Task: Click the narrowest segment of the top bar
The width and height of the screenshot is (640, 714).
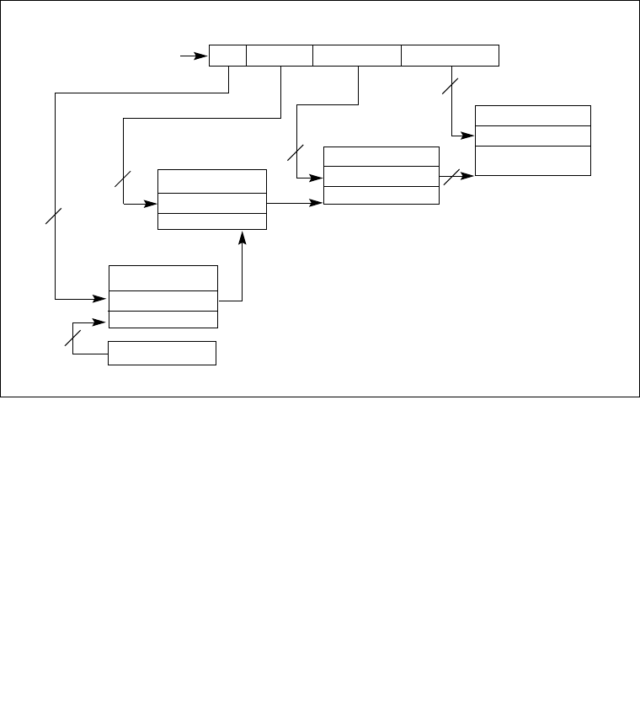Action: point(227,55)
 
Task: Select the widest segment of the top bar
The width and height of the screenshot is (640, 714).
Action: point(450,55)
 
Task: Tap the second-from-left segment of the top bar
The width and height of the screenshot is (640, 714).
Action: point(279,55)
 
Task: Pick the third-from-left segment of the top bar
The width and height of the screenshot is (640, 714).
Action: point(356,55)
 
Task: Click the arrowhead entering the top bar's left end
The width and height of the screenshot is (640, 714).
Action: point(202,56)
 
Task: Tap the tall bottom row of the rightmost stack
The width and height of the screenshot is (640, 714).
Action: point(532,160)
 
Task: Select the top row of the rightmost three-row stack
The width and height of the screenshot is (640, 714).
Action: point(532,115)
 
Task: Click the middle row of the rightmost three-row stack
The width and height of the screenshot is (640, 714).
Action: point(532,136)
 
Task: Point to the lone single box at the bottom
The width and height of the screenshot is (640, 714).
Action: point(162,354)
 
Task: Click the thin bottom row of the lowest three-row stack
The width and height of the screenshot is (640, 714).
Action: point(163,319)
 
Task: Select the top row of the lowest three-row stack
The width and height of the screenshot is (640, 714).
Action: point(163,278)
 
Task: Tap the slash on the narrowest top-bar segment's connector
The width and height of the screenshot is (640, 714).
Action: point(53,217)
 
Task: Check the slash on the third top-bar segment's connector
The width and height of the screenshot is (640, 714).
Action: point(295,152)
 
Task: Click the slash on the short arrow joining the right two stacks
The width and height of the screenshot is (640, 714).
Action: point(451,176)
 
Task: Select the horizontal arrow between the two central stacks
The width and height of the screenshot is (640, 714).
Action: point(295,202)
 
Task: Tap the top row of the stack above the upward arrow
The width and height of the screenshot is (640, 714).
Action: point(212,181)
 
